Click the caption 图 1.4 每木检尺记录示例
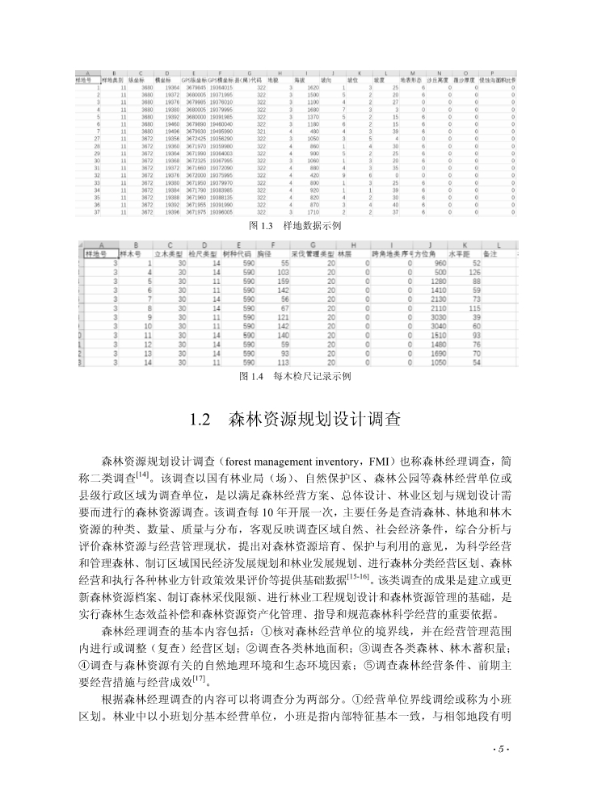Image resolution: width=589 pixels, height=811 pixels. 294,376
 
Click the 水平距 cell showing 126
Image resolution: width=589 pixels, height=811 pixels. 476,272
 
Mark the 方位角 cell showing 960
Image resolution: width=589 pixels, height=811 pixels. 440,263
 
